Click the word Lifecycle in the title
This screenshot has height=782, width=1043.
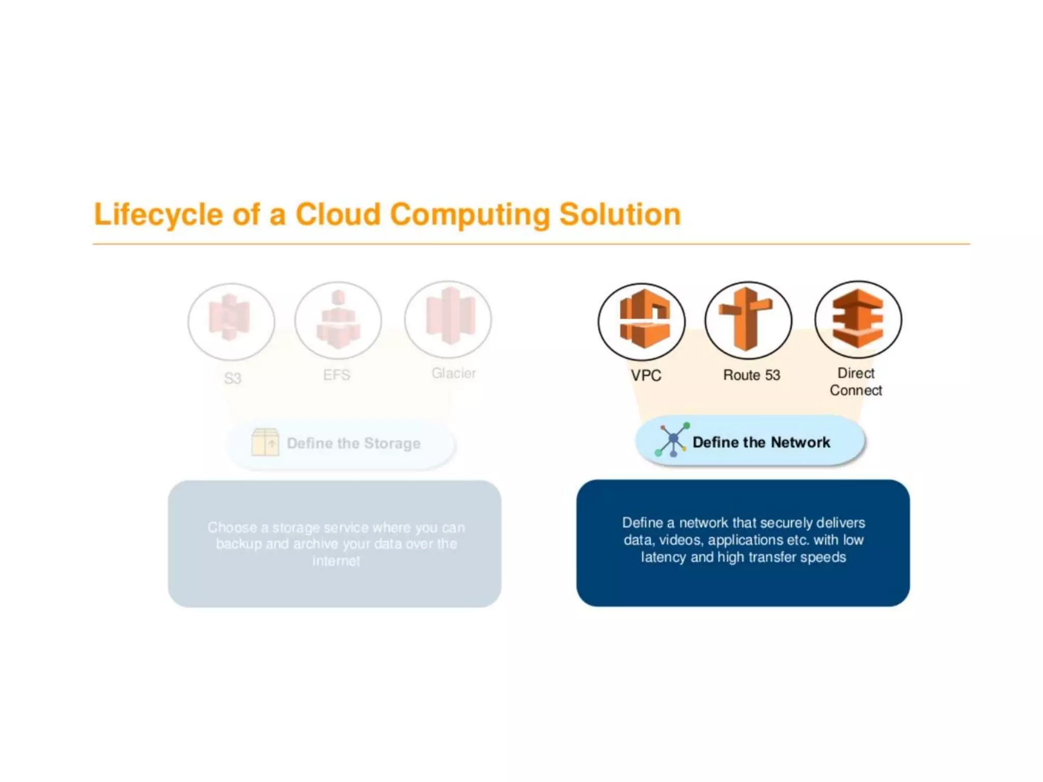[158, 214]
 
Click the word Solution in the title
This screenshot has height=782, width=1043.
[620, 214]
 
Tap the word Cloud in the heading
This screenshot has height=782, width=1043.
[338, 214]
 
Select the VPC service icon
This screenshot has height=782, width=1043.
[642, 321]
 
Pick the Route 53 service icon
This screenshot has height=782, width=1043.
[748, 320]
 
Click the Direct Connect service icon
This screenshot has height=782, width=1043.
[858, 319]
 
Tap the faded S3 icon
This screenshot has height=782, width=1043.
[231, 321]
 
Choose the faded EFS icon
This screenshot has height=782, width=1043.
[338, 320]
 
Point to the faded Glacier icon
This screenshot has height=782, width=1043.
[448, 319]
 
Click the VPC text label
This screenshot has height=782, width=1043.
[646, 376]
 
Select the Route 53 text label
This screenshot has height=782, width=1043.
[752, 375]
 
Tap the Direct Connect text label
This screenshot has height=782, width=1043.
[856, 382]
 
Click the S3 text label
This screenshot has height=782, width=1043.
[233, 378]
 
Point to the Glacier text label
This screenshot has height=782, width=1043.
[454, 373]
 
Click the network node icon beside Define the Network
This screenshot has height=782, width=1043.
[672, 439]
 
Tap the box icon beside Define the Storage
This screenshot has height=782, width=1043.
[265, 442]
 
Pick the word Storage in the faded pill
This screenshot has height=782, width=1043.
[392, 443]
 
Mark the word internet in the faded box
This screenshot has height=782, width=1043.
[336, 561]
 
